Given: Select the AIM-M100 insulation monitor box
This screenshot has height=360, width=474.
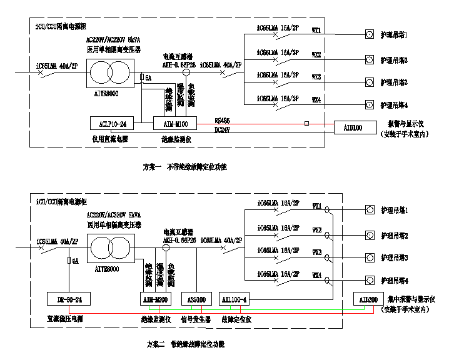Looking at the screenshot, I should [175, 123].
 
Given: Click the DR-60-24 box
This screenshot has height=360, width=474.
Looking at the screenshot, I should [69, 299].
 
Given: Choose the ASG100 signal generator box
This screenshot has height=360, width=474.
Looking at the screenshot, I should [196, 299].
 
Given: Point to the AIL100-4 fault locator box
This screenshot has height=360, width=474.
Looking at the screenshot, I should [235, 299].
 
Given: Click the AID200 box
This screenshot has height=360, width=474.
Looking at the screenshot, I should [366, 299].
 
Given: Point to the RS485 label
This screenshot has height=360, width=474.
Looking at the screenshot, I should [223, 120].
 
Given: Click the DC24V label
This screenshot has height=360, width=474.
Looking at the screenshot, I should [223, 129].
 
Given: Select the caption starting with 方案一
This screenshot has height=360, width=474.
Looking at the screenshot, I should [185, 167].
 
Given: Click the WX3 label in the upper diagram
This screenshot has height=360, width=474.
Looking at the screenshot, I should [316, 77].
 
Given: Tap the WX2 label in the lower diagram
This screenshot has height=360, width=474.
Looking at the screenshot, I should [316, 230].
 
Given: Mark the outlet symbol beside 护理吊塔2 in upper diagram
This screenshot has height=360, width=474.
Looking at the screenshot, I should [370, 60].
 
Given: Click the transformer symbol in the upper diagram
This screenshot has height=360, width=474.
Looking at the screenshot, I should [110, 73].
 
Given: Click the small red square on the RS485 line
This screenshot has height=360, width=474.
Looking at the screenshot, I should [306, 124].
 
